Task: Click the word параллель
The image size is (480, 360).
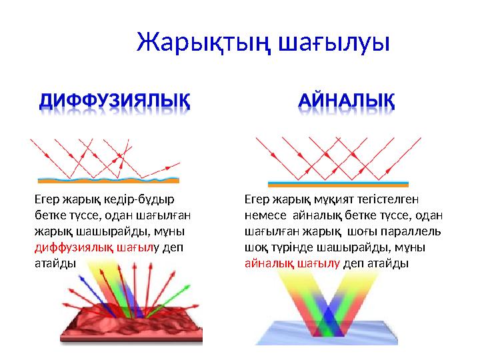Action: coord(413,231)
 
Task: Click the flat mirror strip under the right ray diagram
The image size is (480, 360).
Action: coord(339,182)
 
